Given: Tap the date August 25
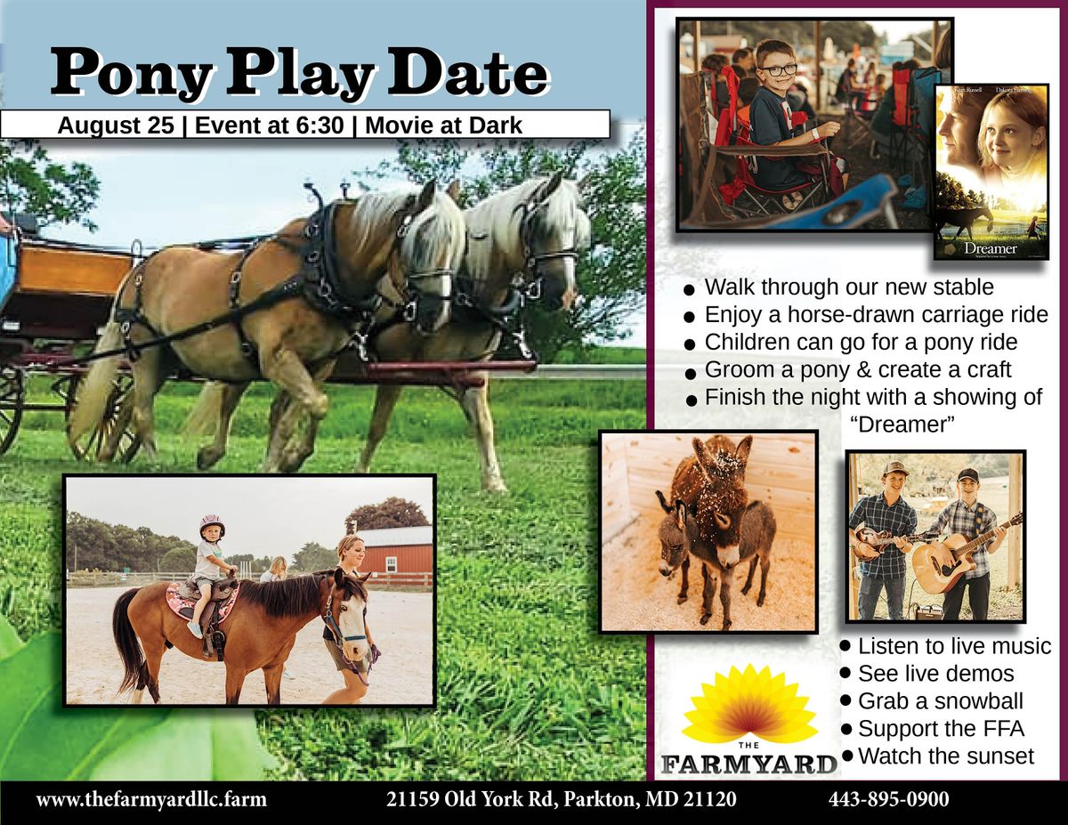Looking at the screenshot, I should tap(116, 125).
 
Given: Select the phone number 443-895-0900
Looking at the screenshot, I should tap(888, 799).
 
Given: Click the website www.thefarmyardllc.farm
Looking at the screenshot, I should tap(151, 799).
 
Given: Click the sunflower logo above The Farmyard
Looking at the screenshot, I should tap(748, 703).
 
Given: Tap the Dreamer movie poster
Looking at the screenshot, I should tap(991, 171).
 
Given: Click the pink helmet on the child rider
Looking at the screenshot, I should tap(213, 523).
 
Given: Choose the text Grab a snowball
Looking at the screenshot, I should tap(940, 700).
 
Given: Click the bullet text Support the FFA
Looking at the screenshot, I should tap(941, 729).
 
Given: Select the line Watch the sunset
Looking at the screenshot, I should tap(945, 756).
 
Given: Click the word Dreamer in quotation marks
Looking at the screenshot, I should tap(902, 425).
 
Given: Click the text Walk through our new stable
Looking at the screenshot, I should tap(849, 287).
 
